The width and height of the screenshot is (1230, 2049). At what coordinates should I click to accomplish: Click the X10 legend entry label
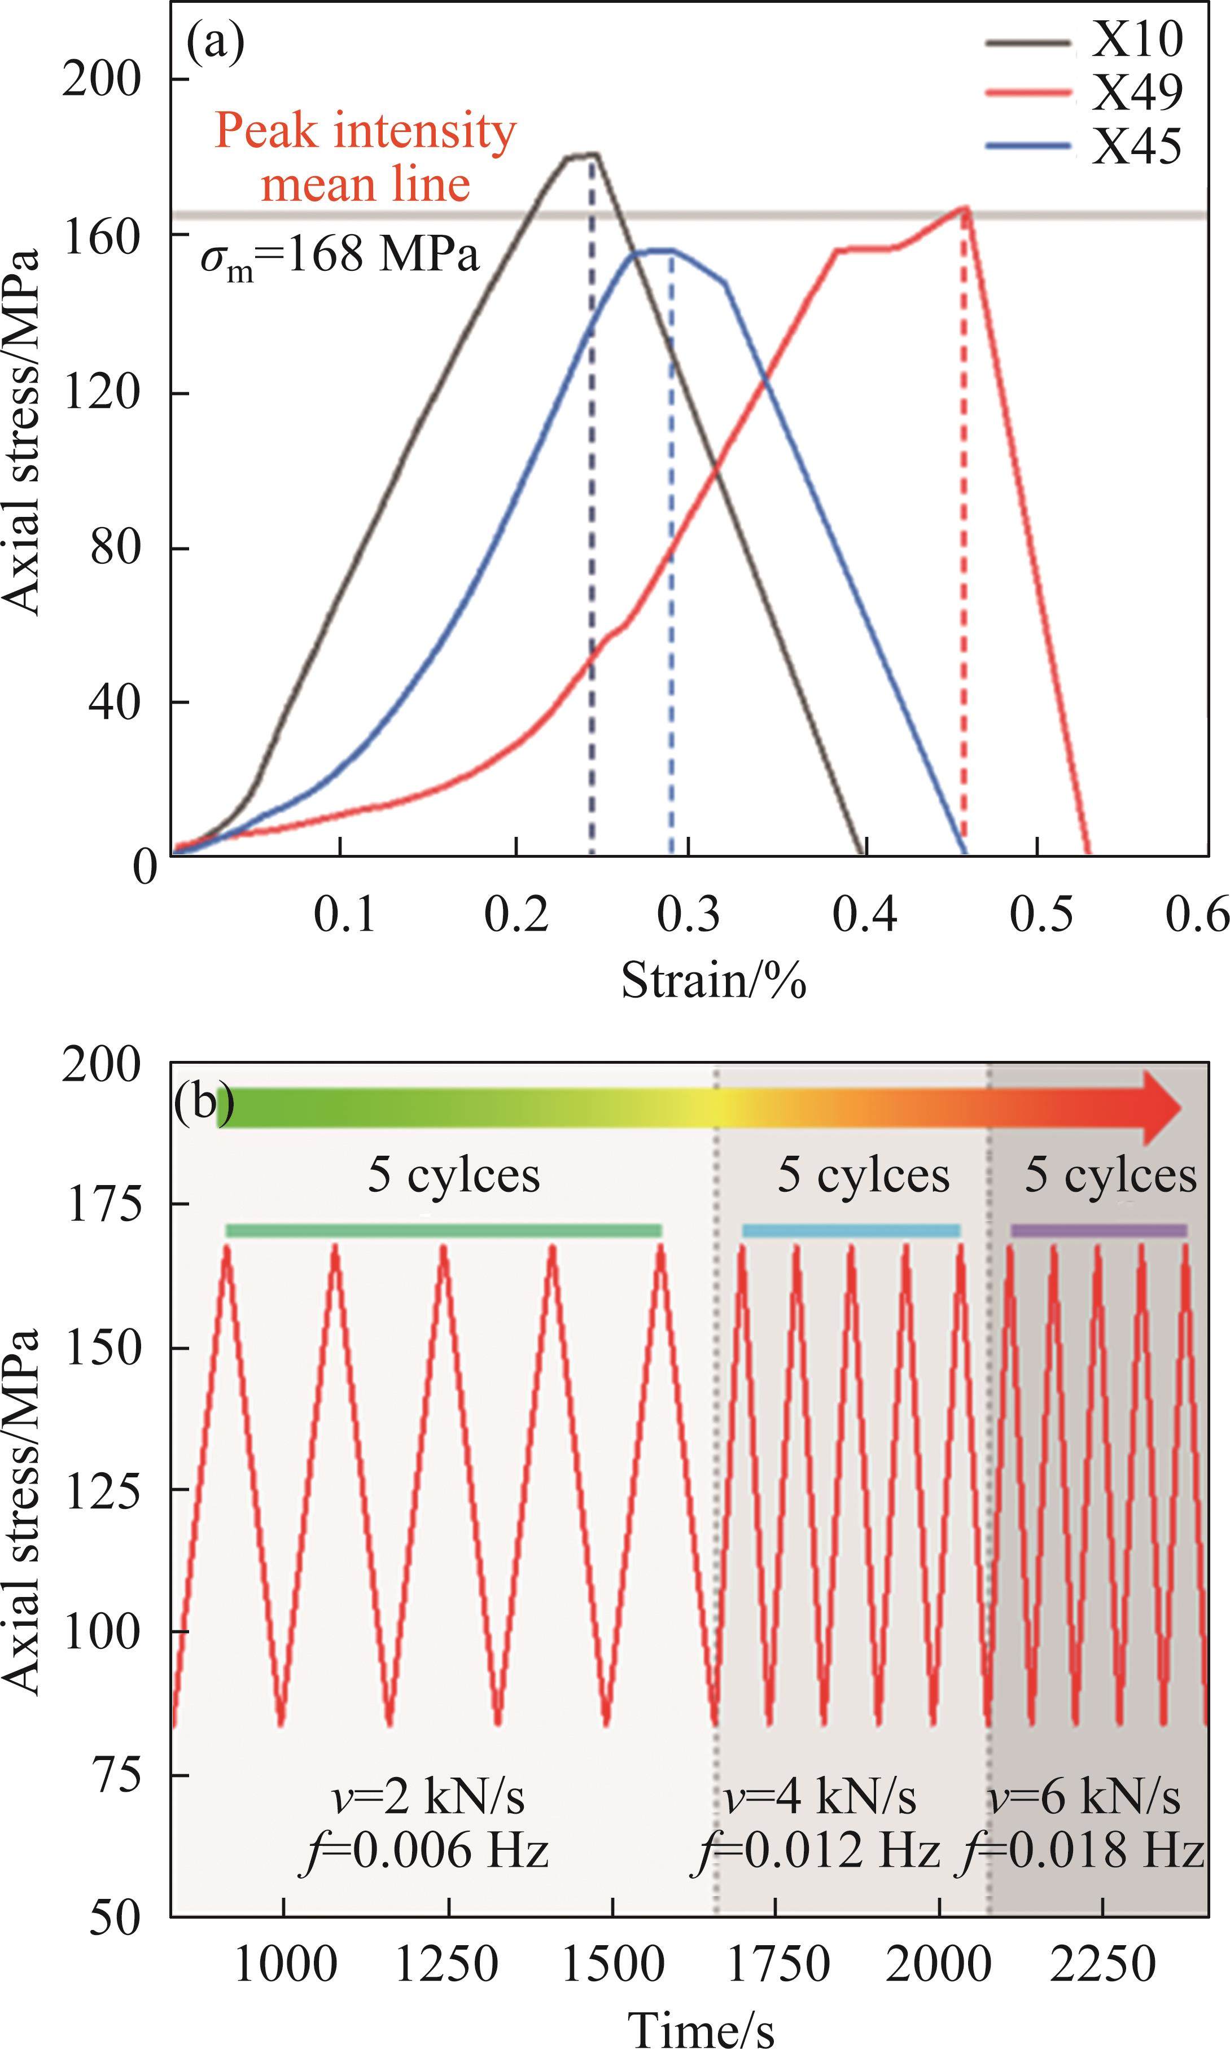click(1136, 39)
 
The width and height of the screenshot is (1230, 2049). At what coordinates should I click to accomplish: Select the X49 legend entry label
click(1136, 93)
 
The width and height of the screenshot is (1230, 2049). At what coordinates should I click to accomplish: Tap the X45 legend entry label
click(1136, 147)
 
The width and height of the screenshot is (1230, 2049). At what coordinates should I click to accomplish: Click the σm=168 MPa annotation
click(340, 257)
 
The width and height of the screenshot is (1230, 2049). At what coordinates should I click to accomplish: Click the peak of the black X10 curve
click(592, 154)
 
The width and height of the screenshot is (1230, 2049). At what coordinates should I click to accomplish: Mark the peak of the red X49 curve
click(965, 208)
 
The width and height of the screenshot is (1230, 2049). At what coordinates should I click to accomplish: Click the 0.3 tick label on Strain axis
click(689, 915)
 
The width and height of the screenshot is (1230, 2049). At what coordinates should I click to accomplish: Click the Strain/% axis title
click(714, 981)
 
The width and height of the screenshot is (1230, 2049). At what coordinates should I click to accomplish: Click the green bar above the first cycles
click(444, 1230)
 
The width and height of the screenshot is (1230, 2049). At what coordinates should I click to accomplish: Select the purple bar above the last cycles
click(1098, 1230)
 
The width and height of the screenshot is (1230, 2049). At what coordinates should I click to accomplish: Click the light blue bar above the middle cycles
click(851, 1230)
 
